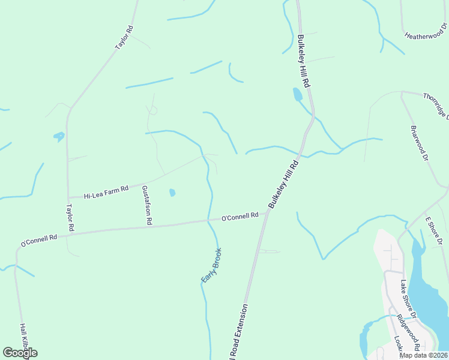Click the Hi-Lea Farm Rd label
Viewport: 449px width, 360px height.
[x=106, y=192]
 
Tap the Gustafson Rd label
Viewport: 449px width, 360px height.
[x=146, y=205]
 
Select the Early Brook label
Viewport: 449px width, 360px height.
[x=211, y=265]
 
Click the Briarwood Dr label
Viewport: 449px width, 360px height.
[x=419, y=142]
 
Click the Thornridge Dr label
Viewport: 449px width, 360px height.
[x=436, y=105]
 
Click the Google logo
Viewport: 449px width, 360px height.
[x=20, y=353]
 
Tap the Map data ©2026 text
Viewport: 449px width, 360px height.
[x=423, y=355]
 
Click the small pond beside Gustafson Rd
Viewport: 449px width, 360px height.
[x=172, y=193]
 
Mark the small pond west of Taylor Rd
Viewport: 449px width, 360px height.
[x=59, y=136]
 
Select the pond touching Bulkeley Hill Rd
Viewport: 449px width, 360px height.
[x=297, y=94]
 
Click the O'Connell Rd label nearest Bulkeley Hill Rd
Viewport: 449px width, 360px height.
[x=240, y=216]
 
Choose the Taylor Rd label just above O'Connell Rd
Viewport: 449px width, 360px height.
[x=70, y=217]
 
